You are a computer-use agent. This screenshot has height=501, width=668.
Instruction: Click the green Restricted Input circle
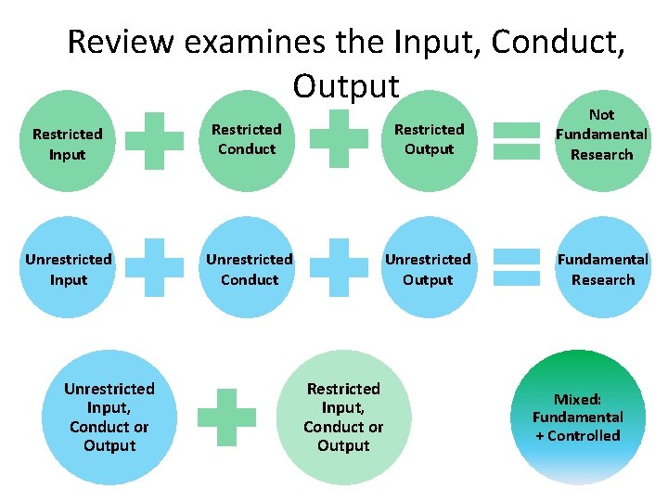(67, 144)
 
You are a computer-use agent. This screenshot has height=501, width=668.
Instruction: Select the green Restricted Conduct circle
(247, 139)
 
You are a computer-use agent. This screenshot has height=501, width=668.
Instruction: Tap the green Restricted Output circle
(429, 139)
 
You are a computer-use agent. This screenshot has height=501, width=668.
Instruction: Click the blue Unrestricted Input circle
(68, 269)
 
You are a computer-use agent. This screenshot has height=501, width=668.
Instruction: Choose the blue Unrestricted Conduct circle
(249, 269)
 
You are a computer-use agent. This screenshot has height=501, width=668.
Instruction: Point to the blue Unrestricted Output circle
(428, 269)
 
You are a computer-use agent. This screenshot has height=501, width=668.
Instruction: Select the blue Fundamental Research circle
(602, 269)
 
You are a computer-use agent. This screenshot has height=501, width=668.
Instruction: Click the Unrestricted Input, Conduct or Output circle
(109, 417)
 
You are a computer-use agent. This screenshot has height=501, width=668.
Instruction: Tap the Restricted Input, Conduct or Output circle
(343, 417)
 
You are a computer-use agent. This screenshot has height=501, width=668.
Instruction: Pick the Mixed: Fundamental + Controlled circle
(577, 417)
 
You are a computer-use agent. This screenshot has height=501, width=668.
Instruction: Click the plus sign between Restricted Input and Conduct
(154, 141)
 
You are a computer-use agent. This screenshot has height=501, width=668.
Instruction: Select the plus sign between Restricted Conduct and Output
(338, 139)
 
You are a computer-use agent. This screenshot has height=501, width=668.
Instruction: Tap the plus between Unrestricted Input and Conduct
(154, 268)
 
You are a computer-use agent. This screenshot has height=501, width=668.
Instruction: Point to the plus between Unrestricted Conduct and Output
(338, 268)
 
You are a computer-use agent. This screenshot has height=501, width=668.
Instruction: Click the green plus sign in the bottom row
(227, 417)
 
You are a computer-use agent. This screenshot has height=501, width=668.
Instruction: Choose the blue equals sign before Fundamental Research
(517, 266)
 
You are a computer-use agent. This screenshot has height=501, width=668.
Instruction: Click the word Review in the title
(120, 42)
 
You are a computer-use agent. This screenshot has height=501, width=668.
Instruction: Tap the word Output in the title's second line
(346, 85)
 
